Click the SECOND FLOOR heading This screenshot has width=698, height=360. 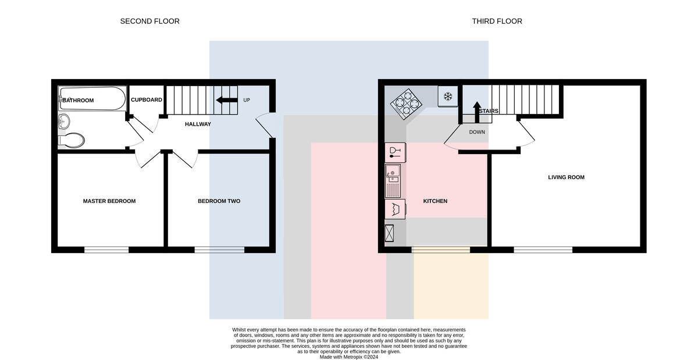(x=149, y=21)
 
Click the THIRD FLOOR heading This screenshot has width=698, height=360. (x=497, y=21)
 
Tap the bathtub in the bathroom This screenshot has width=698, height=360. (x=92, y=98)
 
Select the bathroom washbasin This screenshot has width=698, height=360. (x=64, y=121)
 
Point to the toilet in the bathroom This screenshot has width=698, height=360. (x=72, y=141)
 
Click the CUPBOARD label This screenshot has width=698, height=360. (x=147, y=99)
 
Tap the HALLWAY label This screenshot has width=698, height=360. (x=198, y=124)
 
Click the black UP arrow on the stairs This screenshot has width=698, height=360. (x=227, y=100)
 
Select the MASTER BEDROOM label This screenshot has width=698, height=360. (x=109, y=201)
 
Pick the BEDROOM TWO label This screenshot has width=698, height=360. (x=219, y=201)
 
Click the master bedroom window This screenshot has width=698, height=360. (x=106, y=249)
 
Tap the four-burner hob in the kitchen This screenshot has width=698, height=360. (x=406, y=104)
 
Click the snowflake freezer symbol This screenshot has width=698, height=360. (x=448, y=97)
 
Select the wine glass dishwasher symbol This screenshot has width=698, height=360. (x=395, y=152)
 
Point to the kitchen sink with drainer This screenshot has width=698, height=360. (x=393, y=181)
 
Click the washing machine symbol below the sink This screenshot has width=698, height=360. (x=395, y=209)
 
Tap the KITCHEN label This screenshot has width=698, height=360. (x=435, y=201)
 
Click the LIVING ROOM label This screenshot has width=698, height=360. (x=566, y=177)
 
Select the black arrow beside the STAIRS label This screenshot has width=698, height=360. (x=477, y=112)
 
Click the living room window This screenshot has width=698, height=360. (x=543, y=249)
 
